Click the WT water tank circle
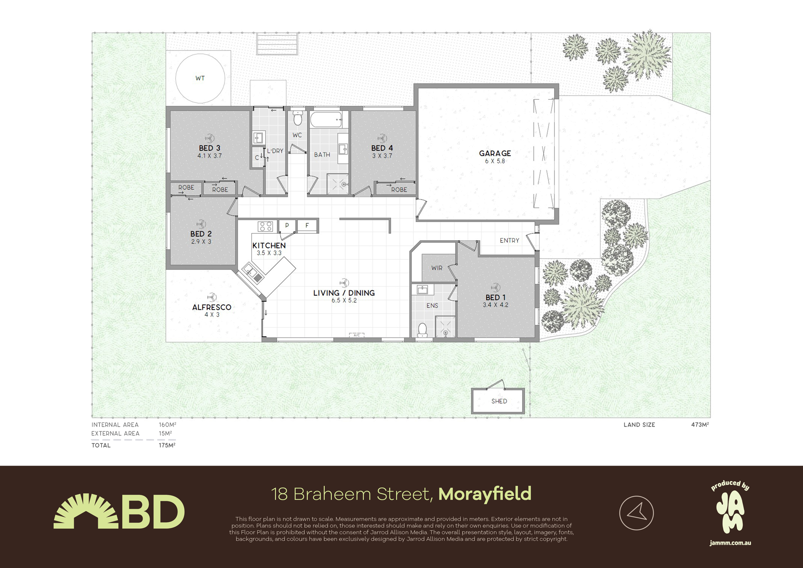200,54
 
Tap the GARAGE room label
495,153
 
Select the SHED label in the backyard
499,401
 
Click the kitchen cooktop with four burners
265,226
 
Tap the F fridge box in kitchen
307,225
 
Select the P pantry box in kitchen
287,226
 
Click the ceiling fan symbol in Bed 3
209,139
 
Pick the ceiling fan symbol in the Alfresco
212,297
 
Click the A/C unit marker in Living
357,335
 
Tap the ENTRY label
510,241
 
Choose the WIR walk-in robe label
437,268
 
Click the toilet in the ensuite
422,330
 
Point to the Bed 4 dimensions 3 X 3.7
382,156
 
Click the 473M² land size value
700,425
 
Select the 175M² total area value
167,445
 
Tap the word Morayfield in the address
485,494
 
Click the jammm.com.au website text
730,543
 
